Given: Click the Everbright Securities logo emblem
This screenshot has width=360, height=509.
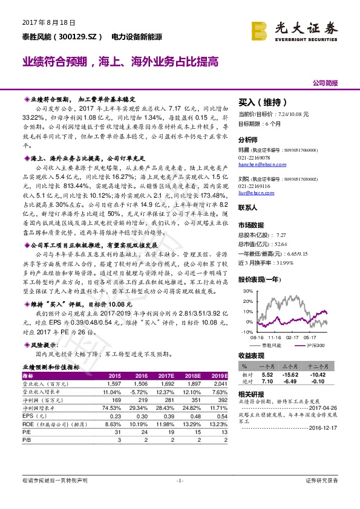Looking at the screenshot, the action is [260, 28].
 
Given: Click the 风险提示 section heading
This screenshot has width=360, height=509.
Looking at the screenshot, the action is [39, 345].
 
